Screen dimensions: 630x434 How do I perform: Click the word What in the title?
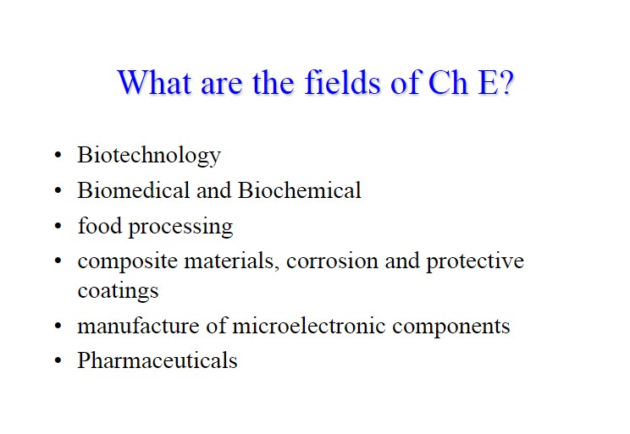click(x=154, y=82)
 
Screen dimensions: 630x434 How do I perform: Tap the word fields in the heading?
click(x=342, y=82)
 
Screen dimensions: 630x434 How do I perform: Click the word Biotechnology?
click(x=149, y=156)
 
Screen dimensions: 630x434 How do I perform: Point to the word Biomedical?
click(x=134, y=190)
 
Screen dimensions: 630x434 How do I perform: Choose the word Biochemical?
click(x=300, y=190)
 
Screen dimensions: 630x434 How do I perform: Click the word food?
click(x=100, y=225)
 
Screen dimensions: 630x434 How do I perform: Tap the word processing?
click(x=181, y=227)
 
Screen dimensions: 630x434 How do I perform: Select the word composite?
click(x=128, y=261)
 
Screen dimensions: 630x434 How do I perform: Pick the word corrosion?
click(x=332, y=261)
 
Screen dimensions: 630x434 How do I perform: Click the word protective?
click(x=475, y=261)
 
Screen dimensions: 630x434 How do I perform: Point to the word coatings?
click(x=119, y=291)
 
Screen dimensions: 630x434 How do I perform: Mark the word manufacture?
click(x=139, y=326)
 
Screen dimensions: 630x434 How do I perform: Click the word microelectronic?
click(x=309, y=326)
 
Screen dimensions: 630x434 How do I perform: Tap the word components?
click(x=451, y=327)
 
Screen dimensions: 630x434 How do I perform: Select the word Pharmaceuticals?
click(x=157, y=360)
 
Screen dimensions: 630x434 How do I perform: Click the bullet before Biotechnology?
click(x=58, y=155)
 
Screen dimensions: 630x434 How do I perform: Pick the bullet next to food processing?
click(x=58, y=226)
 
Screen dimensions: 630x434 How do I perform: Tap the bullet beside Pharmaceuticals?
click(x=58, y=360)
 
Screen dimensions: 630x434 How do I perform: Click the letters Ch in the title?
click(x=448, y=82)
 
